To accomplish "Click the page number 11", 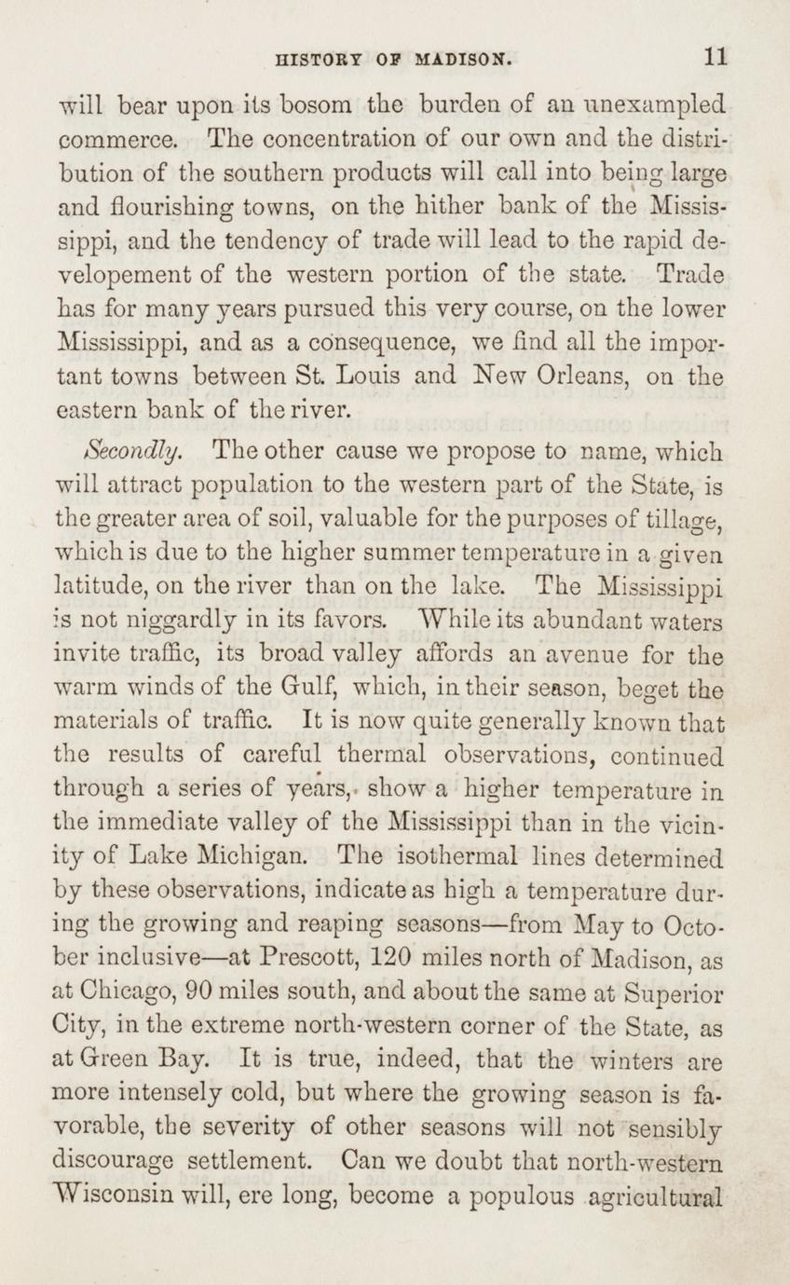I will (x=715, y=57).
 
